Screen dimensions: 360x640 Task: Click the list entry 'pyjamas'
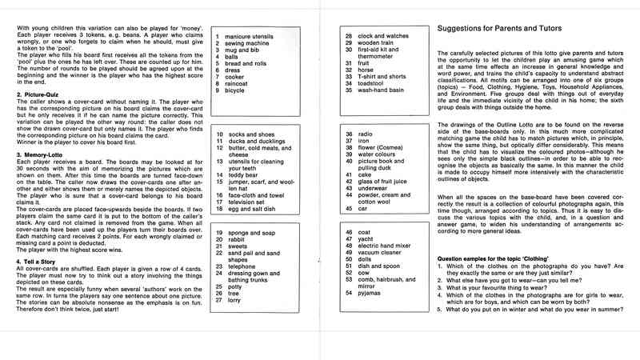372,294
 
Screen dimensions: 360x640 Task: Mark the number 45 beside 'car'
348,209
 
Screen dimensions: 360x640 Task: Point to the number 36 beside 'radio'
348,134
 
